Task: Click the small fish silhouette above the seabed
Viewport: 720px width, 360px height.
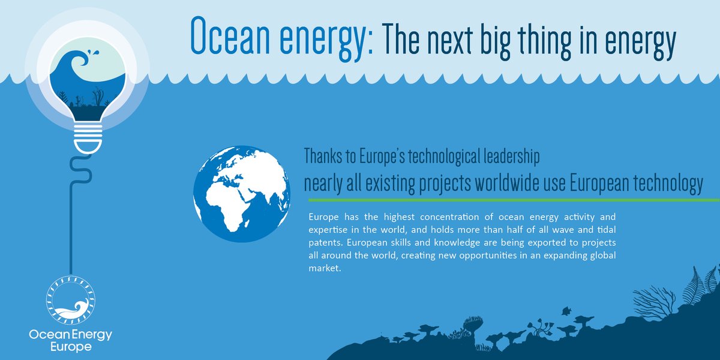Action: [x=566, y=311]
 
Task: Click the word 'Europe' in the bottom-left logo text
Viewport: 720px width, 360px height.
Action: [x=71, y=347]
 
